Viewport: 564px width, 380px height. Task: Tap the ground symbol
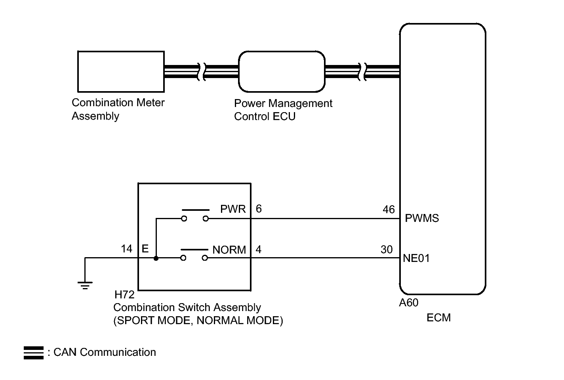coord(85,285)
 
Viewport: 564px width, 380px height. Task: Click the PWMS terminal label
coord(422,218)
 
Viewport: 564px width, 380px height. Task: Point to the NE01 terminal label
coord(416,258)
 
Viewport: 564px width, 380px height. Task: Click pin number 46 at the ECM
coord(389,210)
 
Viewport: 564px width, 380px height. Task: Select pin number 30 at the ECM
coord(387,250)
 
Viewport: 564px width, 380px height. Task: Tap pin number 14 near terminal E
coord(126,249)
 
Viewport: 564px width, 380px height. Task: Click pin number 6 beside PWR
coord(259,209)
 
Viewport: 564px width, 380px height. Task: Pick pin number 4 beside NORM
coord(259,250)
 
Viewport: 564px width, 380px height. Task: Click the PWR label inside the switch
coord(233,209)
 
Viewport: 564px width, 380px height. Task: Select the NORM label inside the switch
coord(229,250)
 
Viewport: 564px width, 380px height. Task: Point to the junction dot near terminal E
coord(156,258)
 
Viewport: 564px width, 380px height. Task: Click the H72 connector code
coord(124,295)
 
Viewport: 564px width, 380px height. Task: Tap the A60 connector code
coord(409,303)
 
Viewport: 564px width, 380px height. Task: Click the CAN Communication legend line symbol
coord(34,353)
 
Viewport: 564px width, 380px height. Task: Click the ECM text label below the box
coord(438,318)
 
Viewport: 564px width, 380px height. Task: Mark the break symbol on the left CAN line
coord(202,72)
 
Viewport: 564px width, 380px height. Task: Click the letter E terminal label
coord(145,249)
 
